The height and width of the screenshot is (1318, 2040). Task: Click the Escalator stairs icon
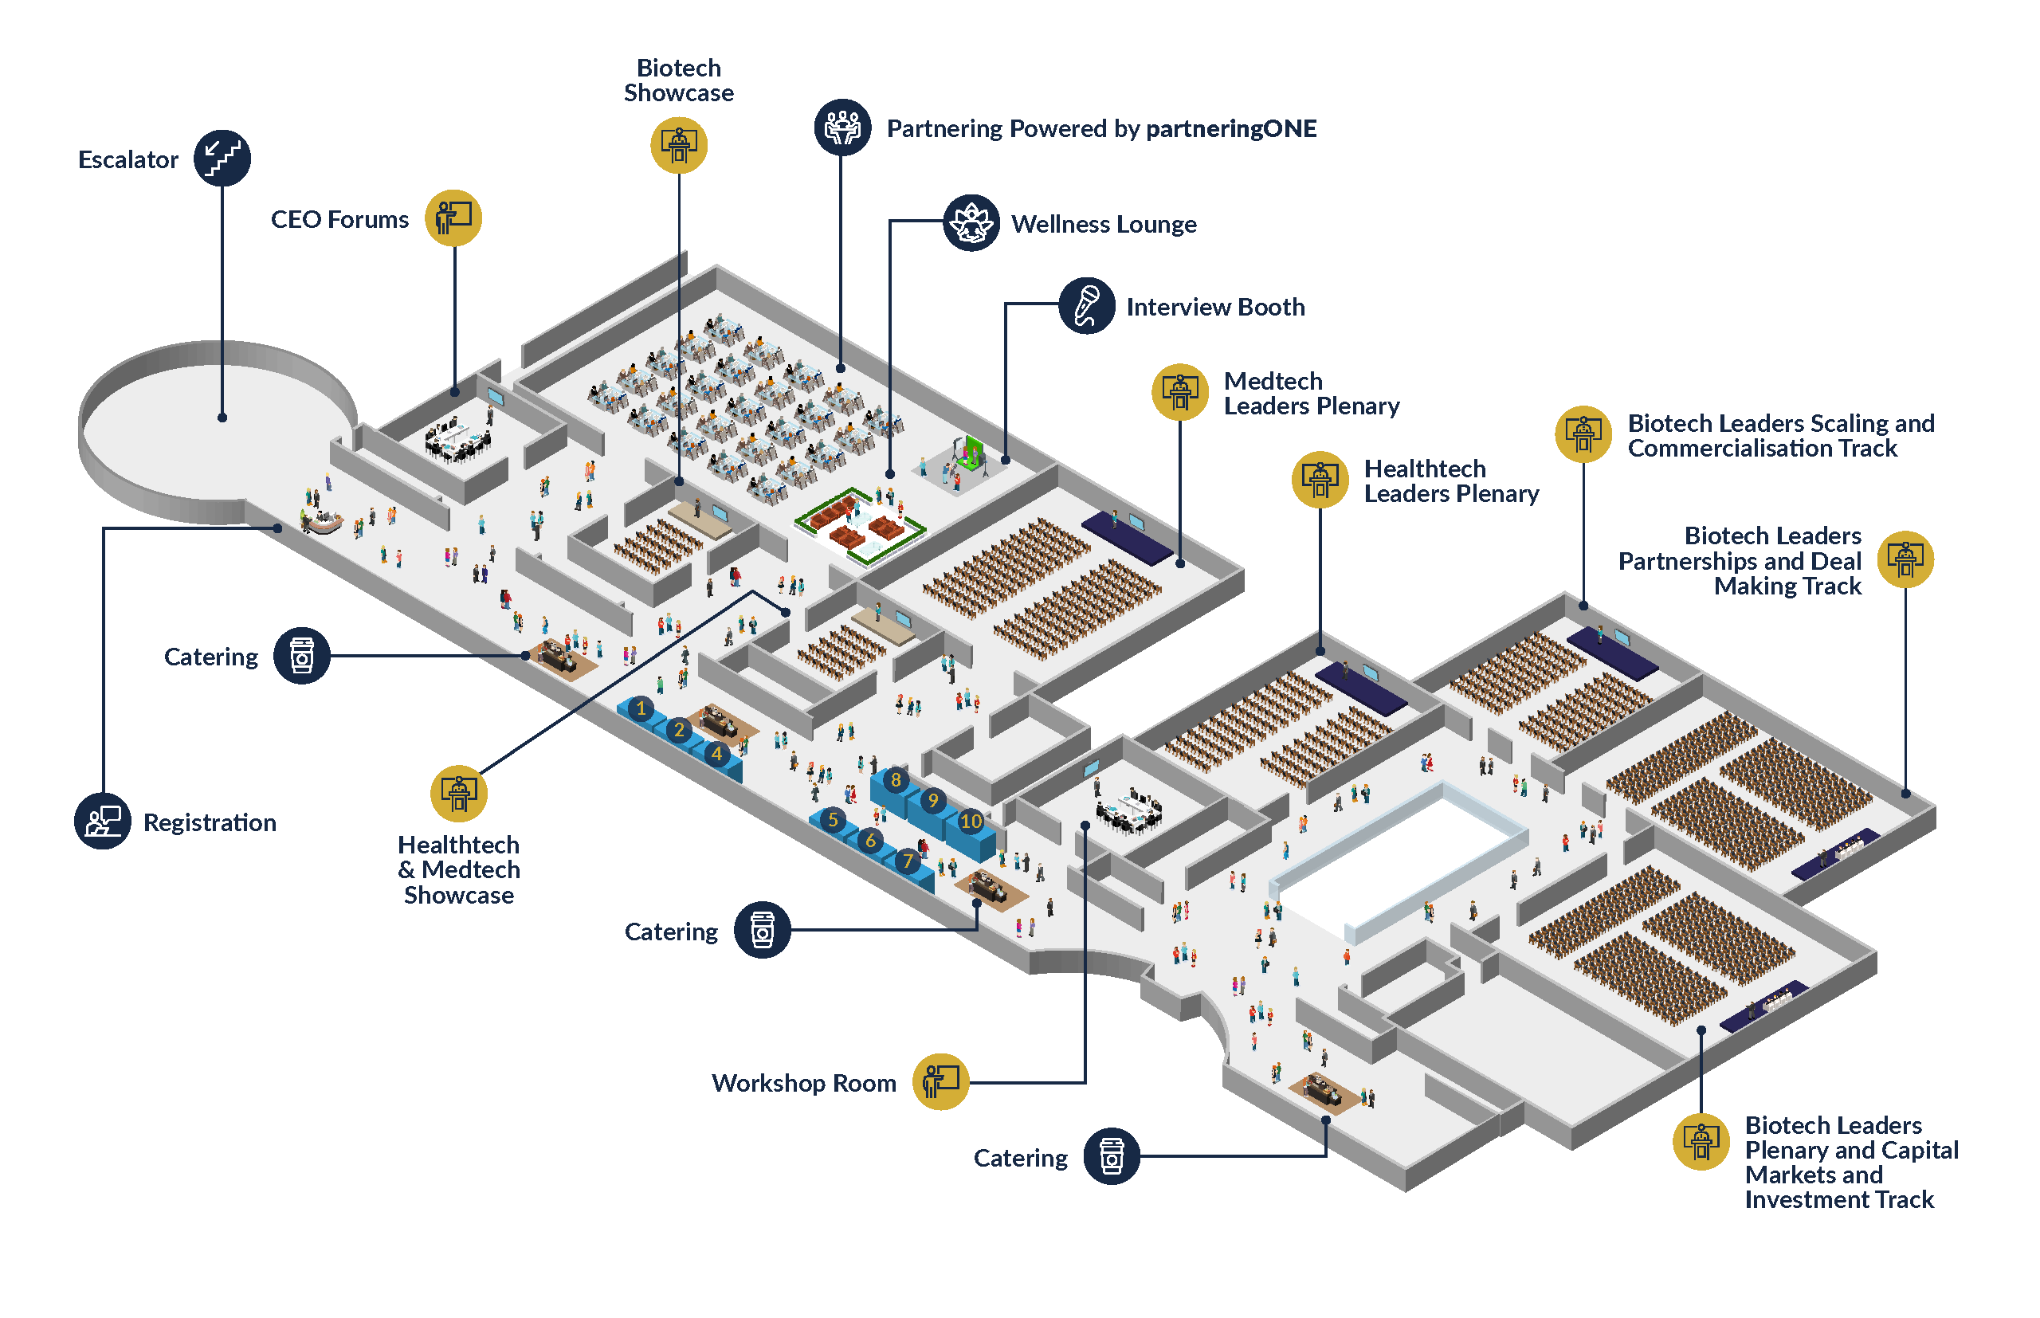222,159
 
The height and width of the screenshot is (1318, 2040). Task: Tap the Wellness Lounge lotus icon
971,223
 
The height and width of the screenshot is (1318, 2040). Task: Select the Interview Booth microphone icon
1086,305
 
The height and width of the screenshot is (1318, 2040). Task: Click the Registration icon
103,821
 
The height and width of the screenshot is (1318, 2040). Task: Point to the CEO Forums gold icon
453,218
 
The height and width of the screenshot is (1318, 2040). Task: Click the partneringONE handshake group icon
842,127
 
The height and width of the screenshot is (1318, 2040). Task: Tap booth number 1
640,708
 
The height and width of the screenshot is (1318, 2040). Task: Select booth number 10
970,822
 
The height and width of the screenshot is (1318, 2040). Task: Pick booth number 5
832,820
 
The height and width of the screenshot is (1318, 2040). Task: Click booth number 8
895,779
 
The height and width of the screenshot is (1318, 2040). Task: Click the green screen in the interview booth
972,451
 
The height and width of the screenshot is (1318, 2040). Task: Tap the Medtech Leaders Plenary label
1310,393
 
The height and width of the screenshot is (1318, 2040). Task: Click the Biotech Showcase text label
679,80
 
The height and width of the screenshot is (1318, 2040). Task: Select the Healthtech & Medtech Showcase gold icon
459,793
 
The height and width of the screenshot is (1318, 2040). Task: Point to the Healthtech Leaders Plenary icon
1319,479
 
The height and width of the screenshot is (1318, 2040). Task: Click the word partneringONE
1230,128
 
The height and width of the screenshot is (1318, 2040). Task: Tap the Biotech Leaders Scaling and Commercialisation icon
1583,434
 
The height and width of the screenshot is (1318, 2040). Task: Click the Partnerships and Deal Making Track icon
1904,559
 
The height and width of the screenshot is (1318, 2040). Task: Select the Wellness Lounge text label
1103,224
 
